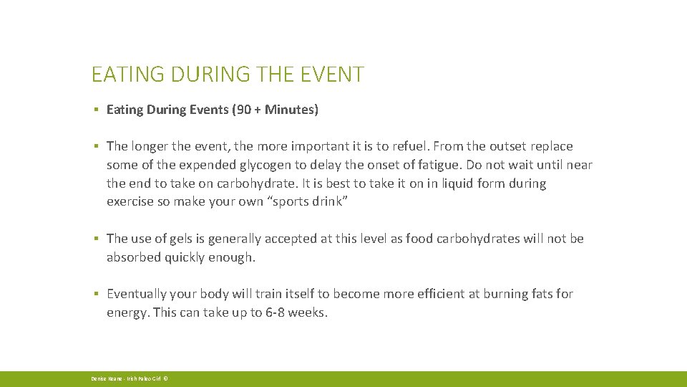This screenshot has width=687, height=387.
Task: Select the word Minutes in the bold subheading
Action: point(288,110)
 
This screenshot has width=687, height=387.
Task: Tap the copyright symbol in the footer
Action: point(165,378)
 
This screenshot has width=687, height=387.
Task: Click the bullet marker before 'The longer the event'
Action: point(95,147)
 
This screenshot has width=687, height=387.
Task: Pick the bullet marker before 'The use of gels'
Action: point(95,239)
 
